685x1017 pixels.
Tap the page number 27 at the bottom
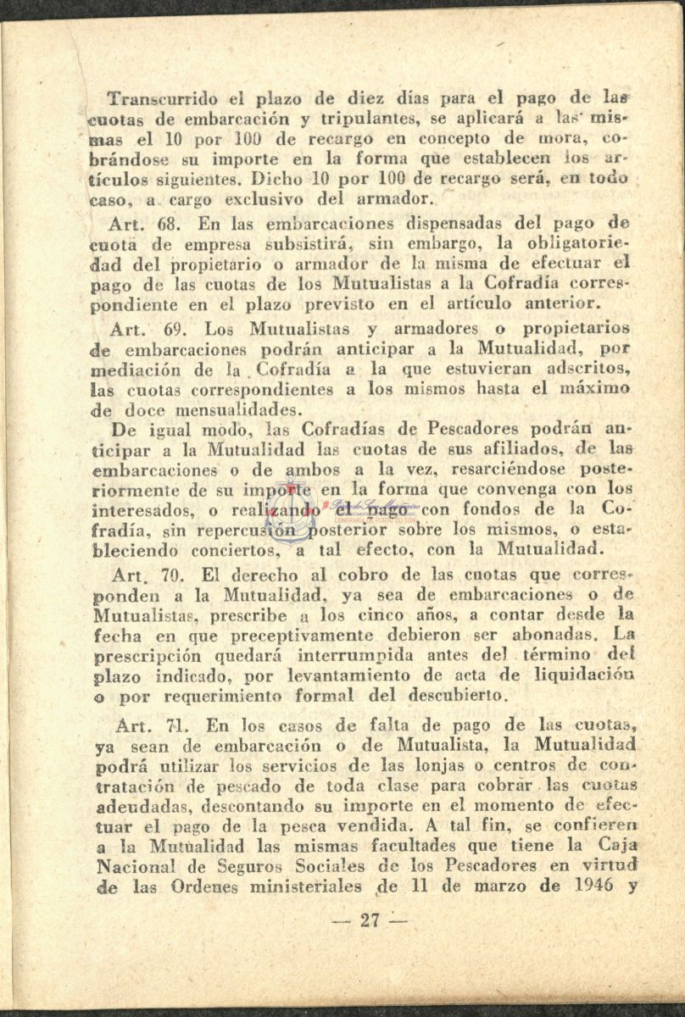366,921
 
